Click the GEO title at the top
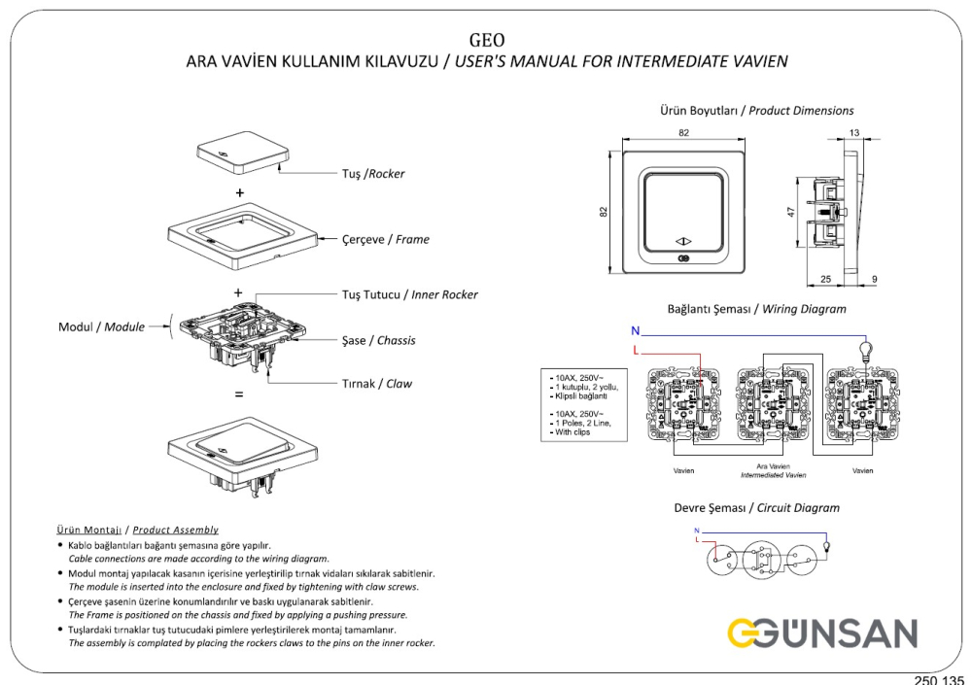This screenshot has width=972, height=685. [x=486, y=40]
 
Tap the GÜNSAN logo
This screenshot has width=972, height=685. [x=821, y=634]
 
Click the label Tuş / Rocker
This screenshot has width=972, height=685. [x=372, y=174]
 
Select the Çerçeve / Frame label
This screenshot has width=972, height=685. [x=385, y=239]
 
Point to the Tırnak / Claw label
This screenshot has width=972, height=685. [x=376, y=384]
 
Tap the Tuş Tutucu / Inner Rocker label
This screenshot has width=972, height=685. [x=409, y=294]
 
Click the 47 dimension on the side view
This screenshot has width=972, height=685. [x=792, y=211]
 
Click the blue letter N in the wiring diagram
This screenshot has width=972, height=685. [x=635, y=331]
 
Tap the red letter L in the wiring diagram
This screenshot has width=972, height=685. [x=636, y=349]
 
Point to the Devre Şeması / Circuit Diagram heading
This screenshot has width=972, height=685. [x=756, y=508]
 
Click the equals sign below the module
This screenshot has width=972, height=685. [x=239, y=395]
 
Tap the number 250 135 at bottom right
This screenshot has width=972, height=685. [x=940, y=678]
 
